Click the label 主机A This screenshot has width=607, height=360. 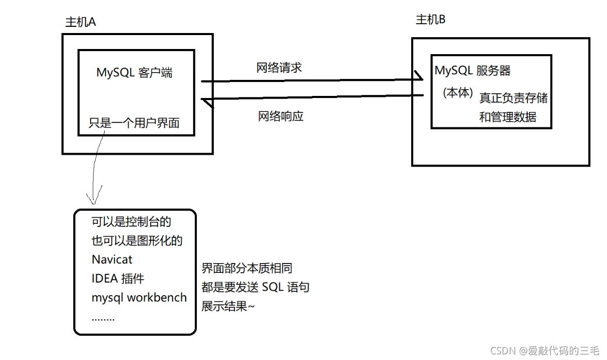tap(80, 22)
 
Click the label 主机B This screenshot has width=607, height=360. tap(431, 20)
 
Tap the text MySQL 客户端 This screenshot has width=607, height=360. tap(134, 73)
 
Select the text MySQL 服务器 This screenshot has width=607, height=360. tap(473, 71)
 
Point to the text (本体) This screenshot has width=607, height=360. tap(458, 93)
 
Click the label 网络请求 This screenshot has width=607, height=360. tap(279, 68)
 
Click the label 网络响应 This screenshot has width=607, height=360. tap(281, 116)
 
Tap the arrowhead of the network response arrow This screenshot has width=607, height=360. tap(207, 102)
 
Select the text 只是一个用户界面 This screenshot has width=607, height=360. tap(134, 123)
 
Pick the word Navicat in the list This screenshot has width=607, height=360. tap(112, 259)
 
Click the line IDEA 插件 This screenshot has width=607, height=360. tap(118, 279)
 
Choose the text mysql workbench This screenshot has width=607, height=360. tap(139, 298)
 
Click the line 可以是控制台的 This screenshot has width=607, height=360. tap(131, 222)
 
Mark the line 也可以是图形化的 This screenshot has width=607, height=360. tap(137, 240)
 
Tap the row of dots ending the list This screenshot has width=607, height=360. tap(103, 318)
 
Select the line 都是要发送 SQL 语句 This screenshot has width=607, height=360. tap(255, 287)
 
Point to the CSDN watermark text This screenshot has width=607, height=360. tap(545, 351)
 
